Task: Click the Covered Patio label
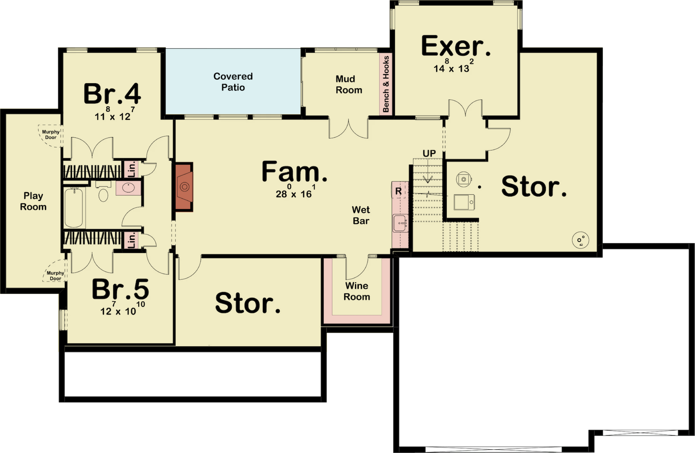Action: point(233,82)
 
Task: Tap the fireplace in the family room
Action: point(184,187)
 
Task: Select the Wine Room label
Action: point(357,291)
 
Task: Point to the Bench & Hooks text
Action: point(386,84)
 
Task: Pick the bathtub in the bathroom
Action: point(74,207)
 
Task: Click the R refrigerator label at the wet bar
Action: point(399,191)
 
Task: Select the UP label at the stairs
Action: point(429,153)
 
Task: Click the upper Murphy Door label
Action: point(51,135)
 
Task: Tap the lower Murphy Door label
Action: point(55,276)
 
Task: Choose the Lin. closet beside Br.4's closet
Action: point(132,169)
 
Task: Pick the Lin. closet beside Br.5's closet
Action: point(132,240)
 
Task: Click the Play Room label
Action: point(33,201)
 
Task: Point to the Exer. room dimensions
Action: point(454,66)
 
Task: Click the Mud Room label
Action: point(349,84)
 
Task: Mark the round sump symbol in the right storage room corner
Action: point(580,240)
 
